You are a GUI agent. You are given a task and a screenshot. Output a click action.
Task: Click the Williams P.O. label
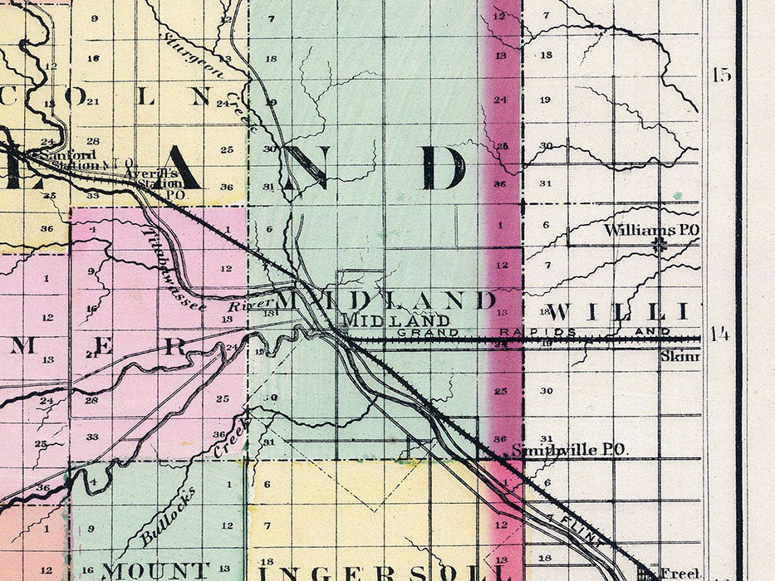point(651,230)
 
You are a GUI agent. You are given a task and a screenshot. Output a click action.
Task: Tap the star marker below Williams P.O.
point(660,245)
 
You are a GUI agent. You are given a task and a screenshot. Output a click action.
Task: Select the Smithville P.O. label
point(569,450)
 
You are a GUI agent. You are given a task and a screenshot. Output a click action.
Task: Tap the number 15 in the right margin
point(721,75)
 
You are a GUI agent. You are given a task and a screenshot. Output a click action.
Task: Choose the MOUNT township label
point(155,571)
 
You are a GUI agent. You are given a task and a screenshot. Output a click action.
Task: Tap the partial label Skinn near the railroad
point(681,357)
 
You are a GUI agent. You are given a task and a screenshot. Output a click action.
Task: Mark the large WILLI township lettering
point(618,313)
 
